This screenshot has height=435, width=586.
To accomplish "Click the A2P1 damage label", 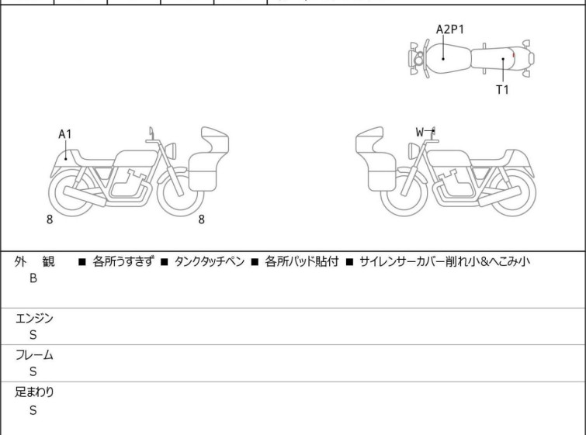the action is tap(450, 29).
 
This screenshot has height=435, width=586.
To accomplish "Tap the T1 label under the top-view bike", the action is tap(502, 90).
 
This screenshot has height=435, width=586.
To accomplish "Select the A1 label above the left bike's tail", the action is tap(65, 134).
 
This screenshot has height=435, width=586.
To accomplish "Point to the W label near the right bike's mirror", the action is tap(420, 132).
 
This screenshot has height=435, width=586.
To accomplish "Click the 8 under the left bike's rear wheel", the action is tap(50, 219).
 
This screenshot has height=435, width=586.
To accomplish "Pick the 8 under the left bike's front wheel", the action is tap(202, 219).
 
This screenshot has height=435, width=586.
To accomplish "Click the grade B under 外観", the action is tap(33, 278).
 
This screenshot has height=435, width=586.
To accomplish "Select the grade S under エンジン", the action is tap(33, 335).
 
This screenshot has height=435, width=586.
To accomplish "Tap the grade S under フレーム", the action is tap(33, 371).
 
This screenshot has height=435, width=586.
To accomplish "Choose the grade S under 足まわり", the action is tap(33, 410).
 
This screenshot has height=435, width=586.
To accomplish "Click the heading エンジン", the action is tap(34, 319).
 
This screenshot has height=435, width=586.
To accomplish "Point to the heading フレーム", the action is tap(34, 355).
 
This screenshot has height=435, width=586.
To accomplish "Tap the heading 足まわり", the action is tap(34, 392).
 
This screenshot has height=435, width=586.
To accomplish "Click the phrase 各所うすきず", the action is tap(123, 261).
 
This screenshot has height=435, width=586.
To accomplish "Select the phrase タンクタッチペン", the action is tap(210, 261).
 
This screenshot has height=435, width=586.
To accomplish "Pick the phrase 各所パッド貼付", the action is tap(302, 261).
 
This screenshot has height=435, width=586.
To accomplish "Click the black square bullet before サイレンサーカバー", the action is tap(350, 262).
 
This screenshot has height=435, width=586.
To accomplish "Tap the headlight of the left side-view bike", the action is tap(171, 150).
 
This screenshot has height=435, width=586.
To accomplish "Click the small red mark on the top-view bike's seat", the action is tap(514, 55).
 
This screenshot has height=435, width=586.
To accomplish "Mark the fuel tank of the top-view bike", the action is tap(449, 59).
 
